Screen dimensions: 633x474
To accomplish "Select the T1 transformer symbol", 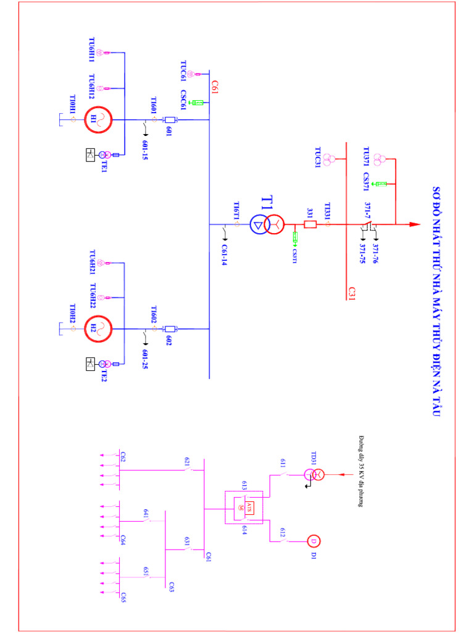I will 266,224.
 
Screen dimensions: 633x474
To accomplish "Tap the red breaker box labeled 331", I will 310,224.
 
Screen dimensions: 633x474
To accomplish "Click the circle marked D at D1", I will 313,542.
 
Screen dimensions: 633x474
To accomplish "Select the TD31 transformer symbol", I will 314,475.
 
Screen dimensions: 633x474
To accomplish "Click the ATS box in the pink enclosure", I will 249,507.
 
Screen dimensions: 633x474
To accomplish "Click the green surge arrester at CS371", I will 381,184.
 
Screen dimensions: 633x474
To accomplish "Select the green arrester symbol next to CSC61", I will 198,102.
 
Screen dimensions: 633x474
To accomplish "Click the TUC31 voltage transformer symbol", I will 331,159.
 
